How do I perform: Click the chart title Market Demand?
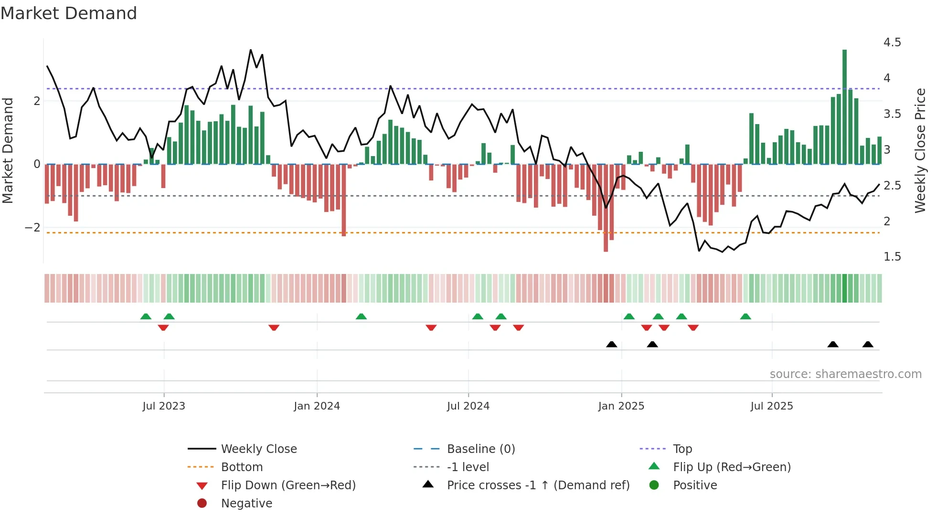click(69, 13)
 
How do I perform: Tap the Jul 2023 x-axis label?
click(164, 406)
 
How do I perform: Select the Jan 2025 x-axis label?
click(621, 406)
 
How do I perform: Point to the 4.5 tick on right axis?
click(892, 42)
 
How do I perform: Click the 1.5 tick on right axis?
click(892, 257)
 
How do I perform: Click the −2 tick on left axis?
click(32, 228)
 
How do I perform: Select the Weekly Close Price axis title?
click(920, 150)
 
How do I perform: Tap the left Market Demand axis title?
click(8, 150)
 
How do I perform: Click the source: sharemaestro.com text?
click(845, 374)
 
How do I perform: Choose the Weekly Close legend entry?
click(258, 449)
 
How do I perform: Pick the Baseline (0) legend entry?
click(480, 449)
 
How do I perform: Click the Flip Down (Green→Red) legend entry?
click(288, 485)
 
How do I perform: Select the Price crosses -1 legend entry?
click(538, 485)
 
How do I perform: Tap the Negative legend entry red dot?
click(202, 504)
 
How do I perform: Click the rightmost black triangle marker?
click(868, 344)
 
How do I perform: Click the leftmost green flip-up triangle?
click(146, 316)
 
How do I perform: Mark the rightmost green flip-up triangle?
click(745, 316)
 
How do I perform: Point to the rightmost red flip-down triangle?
click(693, 327)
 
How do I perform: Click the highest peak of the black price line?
click(251, 50)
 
